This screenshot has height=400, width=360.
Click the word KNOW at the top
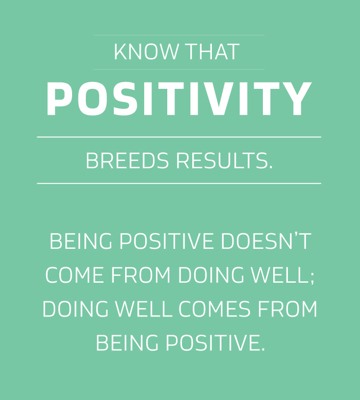click(x=146, y=52)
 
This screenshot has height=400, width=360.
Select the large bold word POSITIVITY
click(x=179, y=99)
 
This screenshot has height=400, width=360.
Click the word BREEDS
click(x=127, y=160)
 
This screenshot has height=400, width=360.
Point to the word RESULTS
click(x=224, y=160)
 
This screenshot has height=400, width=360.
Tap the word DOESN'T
click(x=266, y=241)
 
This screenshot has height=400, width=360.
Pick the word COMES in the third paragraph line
click(x=214, y=309)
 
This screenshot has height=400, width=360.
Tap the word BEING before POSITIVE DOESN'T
click(x=80, y=241)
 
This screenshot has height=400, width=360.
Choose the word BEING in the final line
click(x=127, y=343)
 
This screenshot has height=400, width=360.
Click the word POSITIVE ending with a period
click(x=215, y=343)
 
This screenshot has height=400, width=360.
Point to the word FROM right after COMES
click(x=287, y=309)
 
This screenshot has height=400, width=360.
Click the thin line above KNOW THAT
click(x=179, y=35)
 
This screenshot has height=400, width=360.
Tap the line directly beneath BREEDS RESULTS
click(x=179, y=183)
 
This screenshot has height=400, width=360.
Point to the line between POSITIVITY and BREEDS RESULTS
click(x=179, y=137)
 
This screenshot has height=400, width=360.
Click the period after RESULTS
click(x=271, y=167)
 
